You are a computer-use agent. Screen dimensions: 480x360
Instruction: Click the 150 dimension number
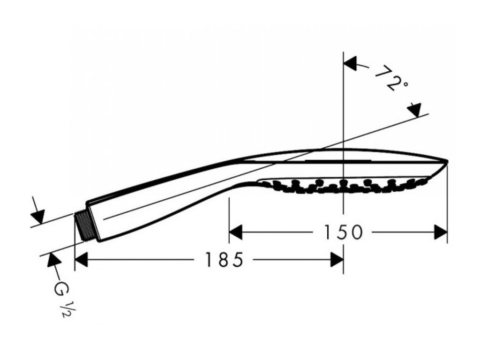coord(344,232)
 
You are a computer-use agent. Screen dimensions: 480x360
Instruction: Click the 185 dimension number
coord(224,259)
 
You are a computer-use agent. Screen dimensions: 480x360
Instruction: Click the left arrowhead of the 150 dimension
coord(235,232)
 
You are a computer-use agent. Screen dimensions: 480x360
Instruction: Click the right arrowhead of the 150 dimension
coord(441,232)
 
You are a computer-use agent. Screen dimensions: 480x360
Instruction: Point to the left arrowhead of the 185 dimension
coord(82,259)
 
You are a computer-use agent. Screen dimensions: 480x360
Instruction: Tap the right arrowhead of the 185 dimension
coord(337,259)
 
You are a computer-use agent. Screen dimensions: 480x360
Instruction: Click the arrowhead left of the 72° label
coord(351,63)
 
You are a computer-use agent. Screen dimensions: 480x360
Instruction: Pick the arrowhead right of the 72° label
coord(414,110)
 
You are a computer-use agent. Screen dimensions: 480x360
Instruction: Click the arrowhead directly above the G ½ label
coord(51,259)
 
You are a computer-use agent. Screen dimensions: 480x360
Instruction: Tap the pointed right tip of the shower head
coord(447,162)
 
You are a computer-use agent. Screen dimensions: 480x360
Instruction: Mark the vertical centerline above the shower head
coord(344,103)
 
